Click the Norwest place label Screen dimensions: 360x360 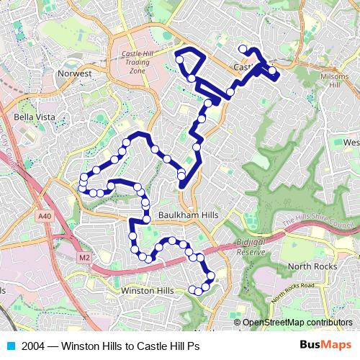click(76, 73)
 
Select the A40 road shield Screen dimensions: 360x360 click(45, 215)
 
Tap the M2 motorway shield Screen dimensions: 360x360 click(85, 258)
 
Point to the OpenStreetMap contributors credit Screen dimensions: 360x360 click(297, 322)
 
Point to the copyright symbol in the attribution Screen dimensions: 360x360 click(238, 322)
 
